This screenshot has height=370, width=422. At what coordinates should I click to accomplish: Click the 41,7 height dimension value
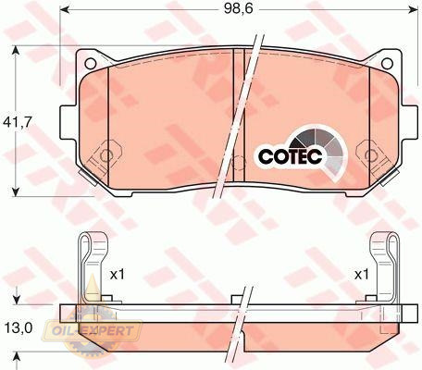point(18,123)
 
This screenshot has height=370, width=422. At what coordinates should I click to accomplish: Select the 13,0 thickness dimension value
point(19,328)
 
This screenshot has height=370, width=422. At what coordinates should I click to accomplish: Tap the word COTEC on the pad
point(290,156)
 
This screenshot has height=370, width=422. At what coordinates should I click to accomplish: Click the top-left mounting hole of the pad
point(91,63)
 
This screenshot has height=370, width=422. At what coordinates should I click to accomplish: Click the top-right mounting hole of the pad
point(387,63)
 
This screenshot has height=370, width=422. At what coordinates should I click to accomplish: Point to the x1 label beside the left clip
point(118,274)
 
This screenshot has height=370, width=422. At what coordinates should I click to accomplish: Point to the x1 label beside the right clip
point(361,274)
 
